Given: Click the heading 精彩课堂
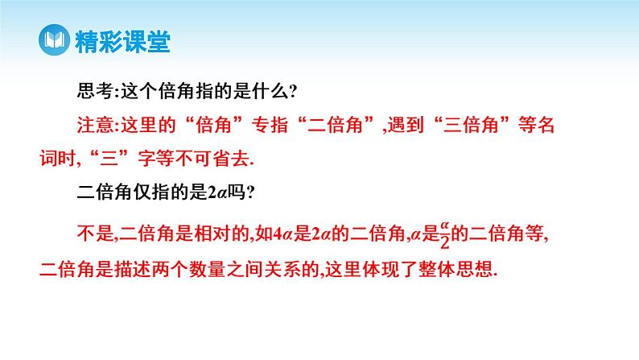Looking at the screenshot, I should (x=121, y=41).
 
